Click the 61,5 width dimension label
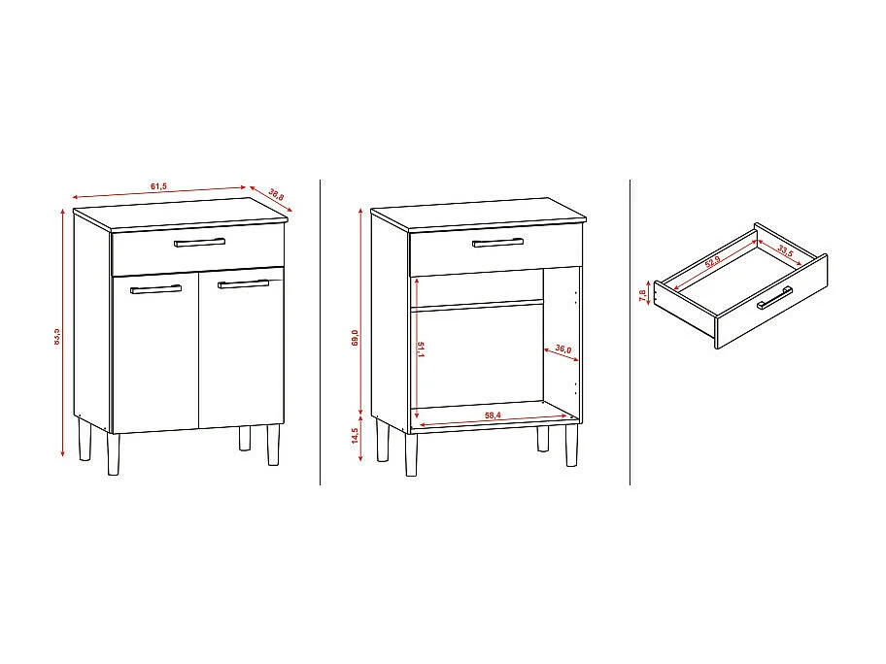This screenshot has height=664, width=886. click(158, 185)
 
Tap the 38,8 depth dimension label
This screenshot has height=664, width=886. click(276, 195)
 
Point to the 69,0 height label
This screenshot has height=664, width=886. click(356, 338)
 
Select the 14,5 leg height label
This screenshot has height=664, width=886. click(356, 436)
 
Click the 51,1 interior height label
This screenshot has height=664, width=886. click(420, 349)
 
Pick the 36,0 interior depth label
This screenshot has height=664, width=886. click(561, 350)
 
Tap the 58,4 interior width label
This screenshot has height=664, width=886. click(493, 415)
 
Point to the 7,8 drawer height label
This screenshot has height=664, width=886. click(642, 295)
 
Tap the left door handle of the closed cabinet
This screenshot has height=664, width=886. click(155, 288)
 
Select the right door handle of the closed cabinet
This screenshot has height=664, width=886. click(243, 283)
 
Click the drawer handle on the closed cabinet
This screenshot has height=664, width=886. click(199, 242)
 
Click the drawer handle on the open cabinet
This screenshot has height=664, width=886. click(497, 242)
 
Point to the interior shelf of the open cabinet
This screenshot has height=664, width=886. click(477, 305)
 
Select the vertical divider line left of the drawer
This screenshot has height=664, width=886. click(630, 330)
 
